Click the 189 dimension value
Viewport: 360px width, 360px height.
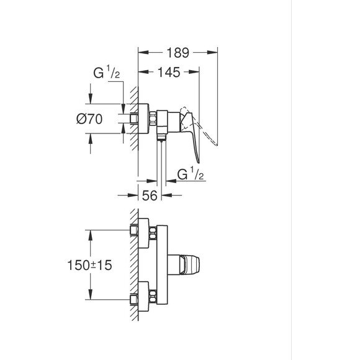[178, 53]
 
